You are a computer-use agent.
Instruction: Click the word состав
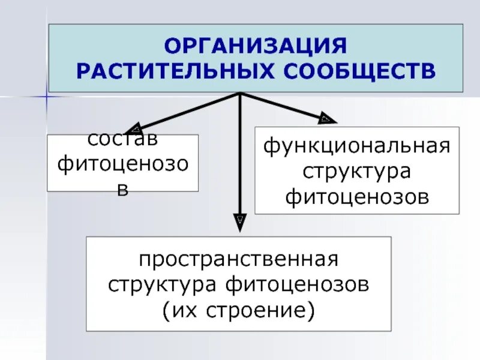(123, 139)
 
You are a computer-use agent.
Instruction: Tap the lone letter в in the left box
(123, 187)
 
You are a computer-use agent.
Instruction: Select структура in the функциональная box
(358, 172)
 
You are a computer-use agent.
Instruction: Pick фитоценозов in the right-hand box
(358, 196)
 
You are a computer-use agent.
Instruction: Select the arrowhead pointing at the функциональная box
(326, 118)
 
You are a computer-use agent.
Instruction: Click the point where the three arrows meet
(240, 94)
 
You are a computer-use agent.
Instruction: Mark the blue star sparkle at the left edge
(46, 96)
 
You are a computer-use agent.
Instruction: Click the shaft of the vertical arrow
(240, 156)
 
